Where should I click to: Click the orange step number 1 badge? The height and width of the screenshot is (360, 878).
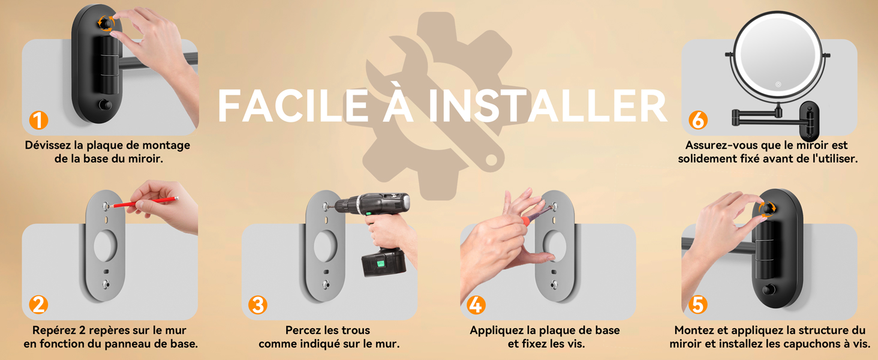pyautogui.click(x=38, y=121)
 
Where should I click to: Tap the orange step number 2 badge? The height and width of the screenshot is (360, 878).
pyautogui.click(x=38, y=305)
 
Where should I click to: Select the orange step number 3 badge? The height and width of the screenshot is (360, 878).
pyautogui.click(x=257, y=305)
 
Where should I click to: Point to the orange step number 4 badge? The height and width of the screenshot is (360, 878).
pyautogui.click(x=476, y=305)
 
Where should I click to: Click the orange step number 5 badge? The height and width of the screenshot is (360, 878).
pyautogui.click(x=697, y=305)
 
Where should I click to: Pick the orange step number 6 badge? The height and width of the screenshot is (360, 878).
pyautogui.click(x=697, y=121)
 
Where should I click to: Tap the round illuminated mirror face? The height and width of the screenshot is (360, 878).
pyautogui.click(x=777, y=53)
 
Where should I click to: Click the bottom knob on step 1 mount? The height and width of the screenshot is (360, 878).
pyautogui.click(x=106, y=106)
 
